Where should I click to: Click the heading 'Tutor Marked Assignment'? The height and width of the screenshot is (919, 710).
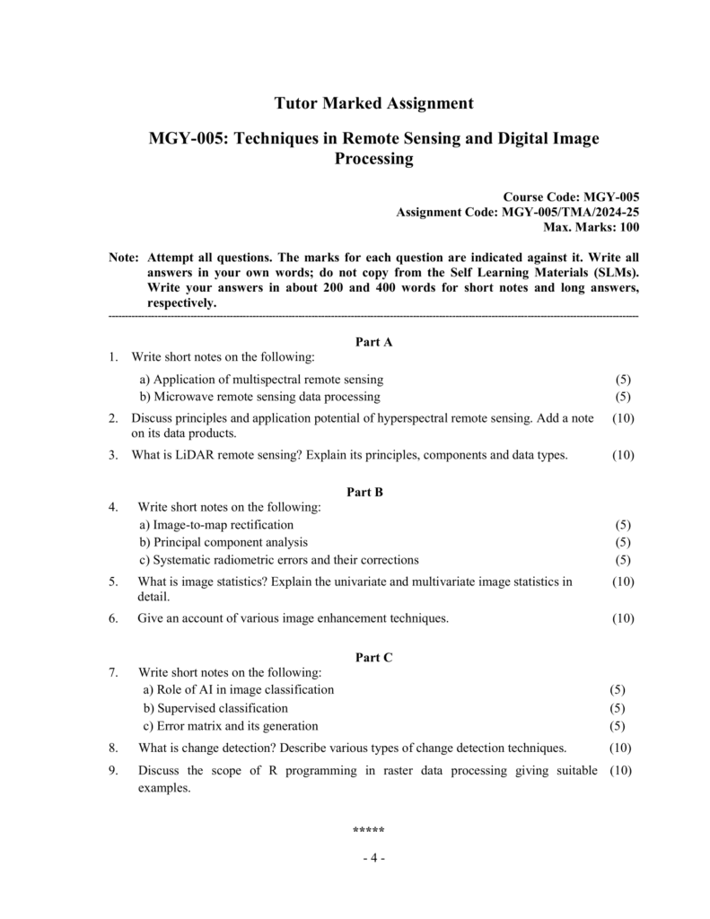coord(373,103)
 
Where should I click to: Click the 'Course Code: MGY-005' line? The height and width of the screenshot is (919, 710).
coord(571,196)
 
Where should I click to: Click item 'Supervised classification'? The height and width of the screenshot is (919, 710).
coord(215,708)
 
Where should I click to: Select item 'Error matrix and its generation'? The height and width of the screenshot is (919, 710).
coord(231,725)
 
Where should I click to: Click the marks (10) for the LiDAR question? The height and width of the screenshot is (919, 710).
coord(623,455)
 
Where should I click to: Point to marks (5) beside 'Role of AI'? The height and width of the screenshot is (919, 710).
coord(618,689)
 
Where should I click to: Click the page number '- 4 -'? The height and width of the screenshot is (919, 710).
coord(373,858)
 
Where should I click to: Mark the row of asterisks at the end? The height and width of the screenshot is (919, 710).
coord(369,829)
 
